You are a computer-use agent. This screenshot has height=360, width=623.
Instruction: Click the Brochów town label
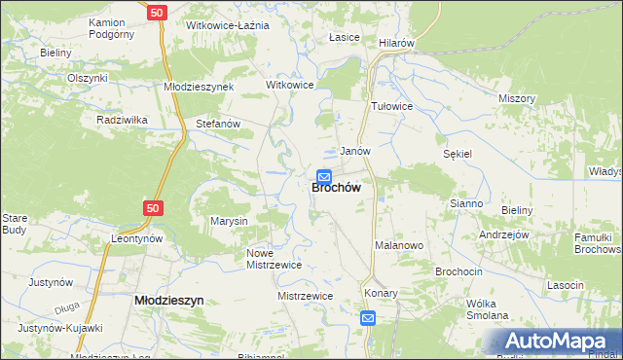point(338,189)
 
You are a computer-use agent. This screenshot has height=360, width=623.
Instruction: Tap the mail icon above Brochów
point(324,176)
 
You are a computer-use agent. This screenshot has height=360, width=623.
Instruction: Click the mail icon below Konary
point(368,318)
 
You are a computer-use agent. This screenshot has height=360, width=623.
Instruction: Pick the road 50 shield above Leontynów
point(151,207)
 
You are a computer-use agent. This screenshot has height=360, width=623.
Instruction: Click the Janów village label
point(354,152)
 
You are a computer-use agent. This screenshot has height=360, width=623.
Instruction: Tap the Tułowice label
point(392,106)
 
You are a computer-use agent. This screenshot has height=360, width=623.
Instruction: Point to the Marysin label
point(230,222)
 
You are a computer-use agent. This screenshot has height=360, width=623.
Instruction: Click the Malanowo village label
point(399,246)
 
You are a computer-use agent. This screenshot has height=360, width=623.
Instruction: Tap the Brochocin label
point(459,271)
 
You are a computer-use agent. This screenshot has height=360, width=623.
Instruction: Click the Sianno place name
point(466,203)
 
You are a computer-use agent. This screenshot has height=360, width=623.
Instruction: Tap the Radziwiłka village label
point(122,120)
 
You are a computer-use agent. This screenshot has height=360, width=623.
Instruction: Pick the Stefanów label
point(218,125)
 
